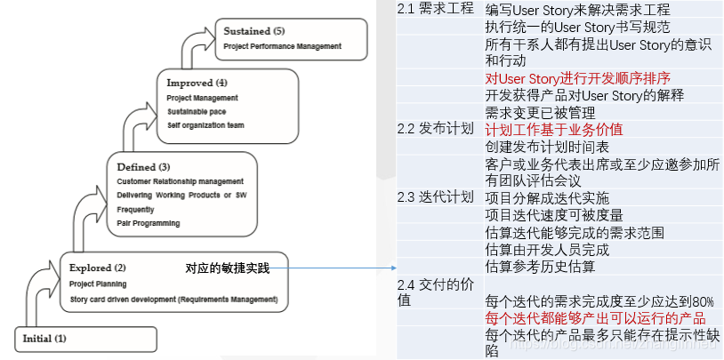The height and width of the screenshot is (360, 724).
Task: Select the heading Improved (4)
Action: (197, 83)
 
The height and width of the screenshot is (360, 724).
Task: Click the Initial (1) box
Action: (84, 339)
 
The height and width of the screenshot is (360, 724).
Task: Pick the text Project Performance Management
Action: (282, 45)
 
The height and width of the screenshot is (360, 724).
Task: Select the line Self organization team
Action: (205, 125)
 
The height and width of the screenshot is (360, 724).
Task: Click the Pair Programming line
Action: (148, 223)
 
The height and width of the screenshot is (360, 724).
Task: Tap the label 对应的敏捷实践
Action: (227, 268)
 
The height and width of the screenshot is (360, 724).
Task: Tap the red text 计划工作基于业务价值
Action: (554, 129)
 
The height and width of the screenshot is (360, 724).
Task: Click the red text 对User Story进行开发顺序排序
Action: (578, 78)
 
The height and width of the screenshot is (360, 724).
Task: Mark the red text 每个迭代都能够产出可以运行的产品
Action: (596, 317)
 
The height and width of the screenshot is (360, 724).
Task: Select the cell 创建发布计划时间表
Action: (547, 147)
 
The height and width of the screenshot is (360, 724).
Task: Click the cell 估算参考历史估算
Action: (540, 266)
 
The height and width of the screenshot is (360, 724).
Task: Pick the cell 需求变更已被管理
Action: (540, 113)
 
